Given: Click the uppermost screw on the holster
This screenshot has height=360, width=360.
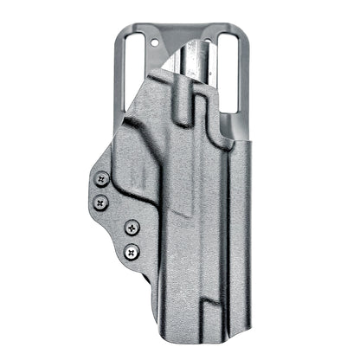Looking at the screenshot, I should [102, 179].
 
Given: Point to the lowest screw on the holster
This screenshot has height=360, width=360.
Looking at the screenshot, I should [132, 253].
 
